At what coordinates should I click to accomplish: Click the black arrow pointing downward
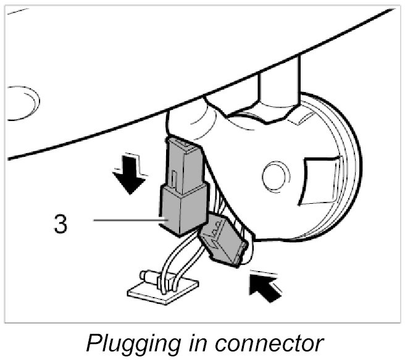coord(130,177)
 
